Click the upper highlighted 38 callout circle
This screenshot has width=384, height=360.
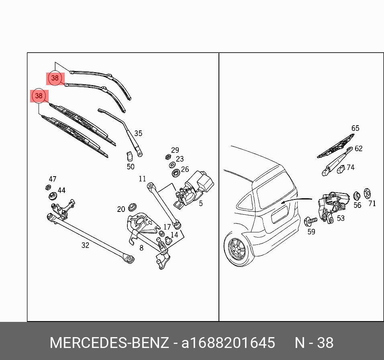[x=55, y=78]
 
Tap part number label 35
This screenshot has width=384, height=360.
[x=138, y=134]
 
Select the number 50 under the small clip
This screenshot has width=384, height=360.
[x=131, y=167]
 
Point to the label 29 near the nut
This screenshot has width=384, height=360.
[x=175, y=150]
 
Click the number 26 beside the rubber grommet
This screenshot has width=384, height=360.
[x=185, y=169]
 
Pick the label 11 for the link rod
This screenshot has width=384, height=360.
[x=143, y=179]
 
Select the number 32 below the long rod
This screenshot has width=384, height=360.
[x=85, y=245]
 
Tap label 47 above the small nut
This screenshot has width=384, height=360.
[x=53, y=179]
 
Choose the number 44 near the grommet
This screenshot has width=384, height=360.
[x=61, y=190]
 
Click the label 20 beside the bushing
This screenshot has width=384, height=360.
[x=121, y=209]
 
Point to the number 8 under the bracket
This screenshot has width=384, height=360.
[x=141, y=248]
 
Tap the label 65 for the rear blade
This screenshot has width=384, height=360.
[x=355, y=128]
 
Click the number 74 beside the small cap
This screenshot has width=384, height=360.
[x=351, y=167]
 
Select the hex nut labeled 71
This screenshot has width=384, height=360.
[x=367, y=194]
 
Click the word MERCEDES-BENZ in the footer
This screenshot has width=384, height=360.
[x=109, y=343]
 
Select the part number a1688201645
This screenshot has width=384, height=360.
[x=228, y=343]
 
